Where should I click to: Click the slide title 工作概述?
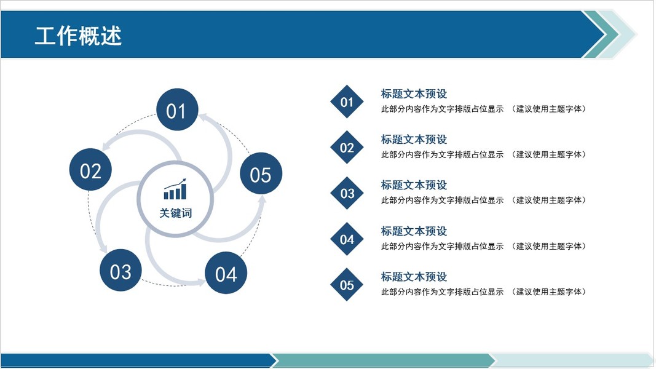[78, 35]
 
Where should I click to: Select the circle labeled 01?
[176, 111]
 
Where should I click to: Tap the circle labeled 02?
[90, 170]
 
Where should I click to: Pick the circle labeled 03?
[121, 271]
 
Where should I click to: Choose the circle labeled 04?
[226, 274]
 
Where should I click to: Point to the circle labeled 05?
[260, 175]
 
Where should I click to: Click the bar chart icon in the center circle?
[175, 190]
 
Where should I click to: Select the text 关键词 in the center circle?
[176, 213]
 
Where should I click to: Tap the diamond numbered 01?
[347, 102]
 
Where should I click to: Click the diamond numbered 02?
[347, 148]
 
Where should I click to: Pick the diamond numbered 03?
[347, 194]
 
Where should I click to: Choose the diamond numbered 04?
[347, 239]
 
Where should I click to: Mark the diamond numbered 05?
[347, 285]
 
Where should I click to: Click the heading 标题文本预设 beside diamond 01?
[414, 94]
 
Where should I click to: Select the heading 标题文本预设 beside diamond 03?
[414, 185]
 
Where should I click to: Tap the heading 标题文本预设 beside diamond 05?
[414, 277]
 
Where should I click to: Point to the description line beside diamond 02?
[483, 154]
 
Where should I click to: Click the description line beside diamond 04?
[483, 246]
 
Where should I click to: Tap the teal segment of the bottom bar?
[381, 360]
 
